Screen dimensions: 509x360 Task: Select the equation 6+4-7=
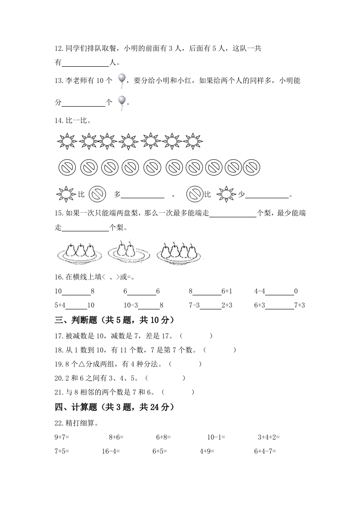point(265,451)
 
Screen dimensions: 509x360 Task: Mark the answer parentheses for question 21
point(178,392)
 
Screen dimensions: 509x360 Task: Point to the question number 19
point(58,364)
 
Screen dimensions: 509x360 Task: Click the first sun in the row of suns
point(67,142)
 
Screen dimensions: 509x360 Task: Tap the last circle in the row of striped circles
point(252,168)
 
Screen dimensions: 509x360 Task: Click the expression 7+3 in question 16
point(299,305)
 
